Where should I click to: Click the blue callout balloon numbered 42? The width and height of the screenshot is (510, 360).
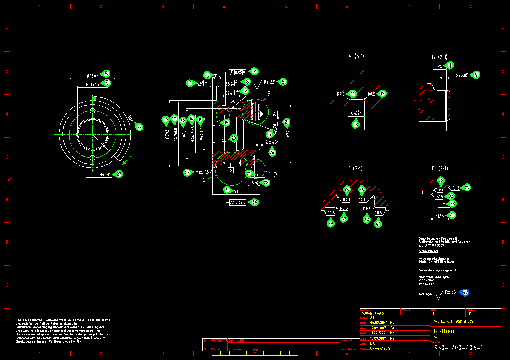[465, 292]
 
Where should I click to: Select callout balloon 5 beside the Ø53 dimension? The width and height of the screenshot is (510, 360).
[107, 74]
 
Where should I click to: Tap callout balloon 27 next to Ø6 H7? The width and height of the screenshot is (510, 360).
[120, 174]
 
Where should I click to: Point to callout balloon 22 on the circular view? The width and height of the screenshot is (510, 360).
[139, 127]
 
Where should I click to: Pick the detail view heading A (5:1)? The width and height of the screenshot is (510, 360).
[356, 56]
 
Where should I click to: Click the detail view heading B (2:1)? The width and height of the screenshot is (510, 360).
[440, 56]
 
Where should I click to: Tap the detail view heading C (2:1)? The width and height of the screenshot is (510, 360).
[355, 169]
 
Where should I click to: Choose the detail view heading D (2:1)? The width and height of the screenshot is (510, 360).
[440, 169]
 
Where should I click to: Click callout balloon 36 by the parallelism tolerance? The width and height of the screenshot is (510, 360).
[255, 202]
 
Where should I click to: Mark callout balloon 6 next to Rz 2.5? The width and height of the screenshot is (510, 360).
[283, 81]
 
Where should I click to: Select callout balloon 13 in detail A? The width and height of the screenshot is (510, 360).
[355, 125]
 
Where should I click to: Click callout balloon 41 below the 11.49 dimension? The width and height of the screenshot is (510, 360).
[452, 215]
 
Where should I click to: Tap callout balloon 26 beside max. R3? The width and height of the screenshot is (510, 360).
[188, 172]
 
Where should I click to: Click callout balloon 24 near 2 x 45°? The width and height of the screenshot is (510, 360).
[272, 152]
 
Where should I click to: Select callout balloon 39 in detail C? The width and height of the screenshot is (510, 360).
[330, 224]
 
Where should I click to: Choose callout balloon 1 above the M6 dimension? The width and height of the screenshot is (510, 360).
[450, 65]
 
